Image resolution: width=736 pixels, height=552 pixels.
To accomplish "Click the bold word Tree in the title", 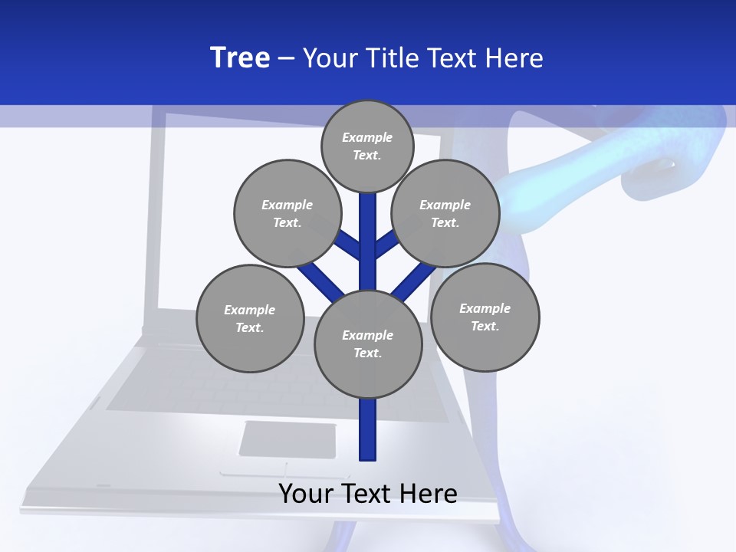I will [240, 58].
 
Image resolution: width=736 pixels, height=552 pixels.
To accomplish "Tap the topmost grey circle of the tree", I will [367, 146].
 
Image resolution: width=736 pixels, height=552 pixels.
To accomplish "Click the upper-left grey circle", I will [287, 213].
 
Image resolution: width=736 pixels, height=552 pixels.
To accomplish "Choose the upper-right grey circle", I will [445, 213].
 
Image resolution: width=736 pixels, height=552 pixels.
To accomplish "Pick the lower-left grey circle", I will [250, 318].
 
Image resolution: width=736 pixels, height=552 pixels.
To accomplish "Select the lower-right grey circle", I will [485, 317].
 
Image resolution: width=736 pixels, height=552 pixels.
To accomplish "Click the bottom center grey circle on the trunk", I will [368, 344].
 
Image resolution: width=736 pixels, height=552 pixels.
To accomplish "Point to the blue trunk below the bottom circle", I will [368, 429].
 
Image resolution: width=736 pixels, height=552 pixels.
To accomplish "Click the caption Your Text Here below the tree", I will [368, 494].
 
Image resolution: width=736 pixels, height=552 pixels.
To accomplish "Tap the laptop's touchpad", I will [287, 440].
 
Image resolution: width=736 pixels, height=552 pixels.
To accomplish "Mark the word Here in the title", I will [515, 58].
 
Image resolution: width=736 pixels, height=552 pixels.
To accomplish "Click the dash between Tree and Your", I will [286, 58].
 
